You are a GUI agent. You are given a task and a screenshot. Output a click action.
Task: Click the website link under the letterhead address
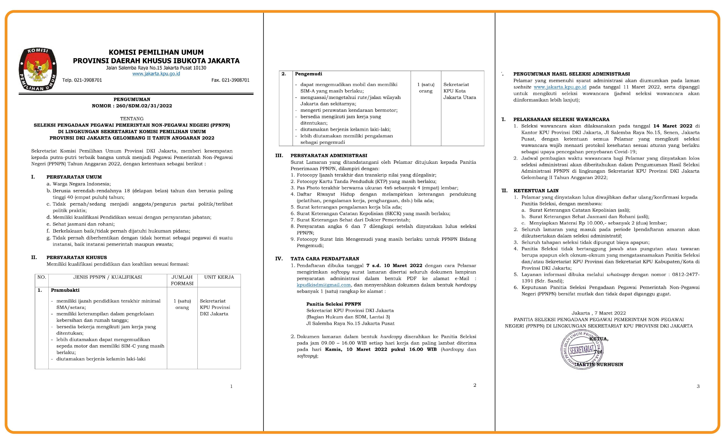pos(156,73)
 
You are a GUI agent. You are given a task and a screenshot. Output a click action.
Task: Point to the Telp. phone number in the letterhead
pos(82,80)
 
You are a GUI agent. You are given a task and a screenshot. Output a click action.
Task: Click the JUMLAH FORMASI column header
pos(182,280)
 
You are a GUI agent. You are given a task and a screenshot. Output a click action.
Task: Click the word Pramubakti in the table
pos(65,290)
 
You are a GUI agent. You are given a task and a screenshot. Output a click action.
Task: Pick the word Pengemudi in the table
pos(308,74)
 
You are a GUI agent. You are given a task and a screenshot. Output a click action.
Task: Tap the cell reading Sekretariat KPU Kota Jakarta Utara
pos(459,91)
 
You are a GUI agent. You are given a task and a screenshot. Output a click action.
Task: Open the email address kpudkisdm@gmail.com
pos(324,285)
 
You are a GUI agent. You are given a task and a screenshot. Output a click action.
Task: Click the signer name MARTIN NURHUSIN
pos(599,364)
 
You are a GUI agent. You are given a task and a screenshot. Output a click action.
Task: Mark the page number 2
pos(475,385)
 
